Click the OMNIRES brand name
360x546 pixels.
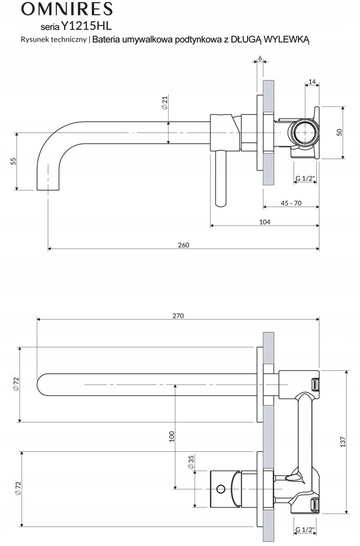67,9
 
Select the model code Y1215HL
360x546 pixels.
86,26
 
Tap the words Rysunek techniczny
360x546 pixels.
53,40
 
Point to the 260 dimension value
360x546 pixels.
184,245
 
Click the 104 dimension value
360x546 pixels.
265,222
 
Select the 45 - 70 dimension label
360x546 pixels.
291,203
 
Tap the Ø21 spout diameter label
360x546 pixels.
164,103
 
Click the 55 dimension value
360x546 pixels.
13,161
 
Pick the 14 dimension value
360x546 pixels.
312,82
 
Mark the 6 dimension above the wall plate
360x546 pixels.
260,58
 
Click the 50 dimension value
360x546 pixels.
340,133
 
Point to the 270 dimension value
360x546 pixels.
178,316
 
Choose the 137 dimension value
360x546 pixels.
343,442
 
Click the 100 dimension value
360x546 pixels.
171,437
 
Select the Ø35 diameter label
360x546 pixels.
191,462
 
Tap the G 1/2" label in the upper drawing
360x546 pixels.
305,179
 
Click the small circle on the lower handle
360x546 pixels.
221,489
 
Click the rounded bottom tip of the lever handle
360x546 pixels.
221,205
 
